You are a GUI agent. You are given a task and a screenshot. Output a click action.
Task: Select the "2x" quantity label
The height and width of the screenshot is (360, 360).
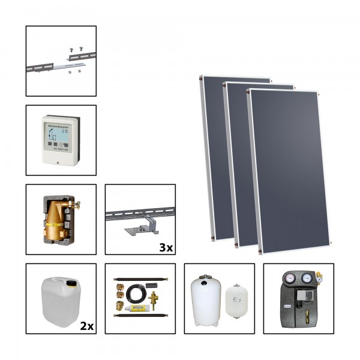pyautogui.click(x=86, y=325)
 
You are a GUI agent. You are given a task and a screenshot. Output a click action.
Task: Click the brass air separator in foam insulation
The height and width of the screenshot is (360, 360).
pyautogui.click(x=57, y=221)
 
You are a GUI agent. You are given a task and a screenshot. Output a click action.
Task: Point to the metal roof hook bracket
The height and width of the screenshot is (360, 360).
pyautogui.click(x=140, y=228)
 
